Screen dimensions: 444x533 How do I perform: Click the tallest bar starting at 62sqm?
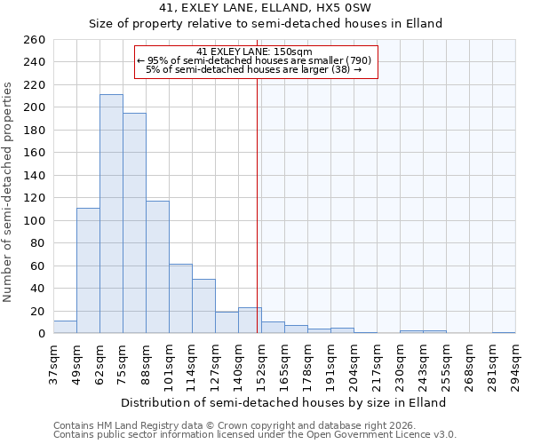tap(111, 214)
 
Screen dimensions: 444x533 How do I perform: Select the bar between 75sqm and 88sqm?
tap(134, 223)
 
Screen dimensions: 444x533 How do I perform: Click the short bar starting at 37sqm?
tap(65, 328)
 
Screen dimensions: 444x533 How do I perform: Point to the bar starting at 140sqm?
tap(250, 321)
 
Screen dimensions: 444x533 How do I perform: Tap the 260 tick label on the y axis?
tap(35, 40)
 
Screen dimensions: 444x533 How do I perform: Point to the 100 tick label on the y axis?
tap(35, 221)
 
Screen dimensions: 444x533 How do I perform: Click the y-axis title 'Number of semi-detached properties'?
tap(9, 192)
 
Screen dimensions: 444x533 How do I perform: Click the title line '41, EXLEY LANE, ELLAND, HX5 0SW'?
tap(266, 8)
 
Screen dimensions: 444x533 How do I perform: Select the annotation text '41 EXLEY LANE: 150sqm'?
tap(254, 52)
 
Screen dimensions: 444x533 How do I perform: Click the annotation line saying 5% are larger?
tap(254, 69)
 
